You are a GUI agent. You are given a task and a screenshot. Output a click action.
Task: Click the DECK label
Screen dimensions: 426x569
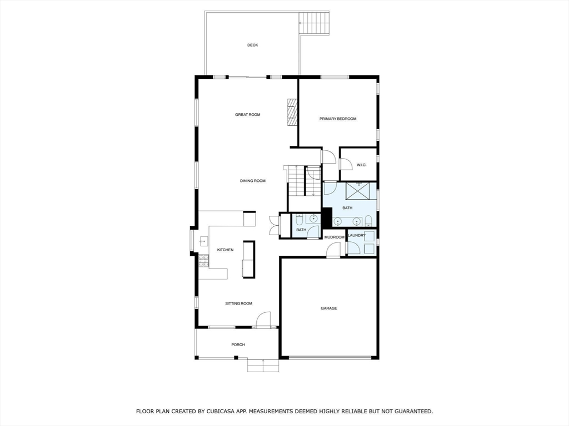click(x=253, y=45)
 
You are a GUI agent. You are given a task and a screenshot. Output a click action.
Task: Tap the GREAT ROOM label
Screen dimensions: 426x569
click(x=248, y=115)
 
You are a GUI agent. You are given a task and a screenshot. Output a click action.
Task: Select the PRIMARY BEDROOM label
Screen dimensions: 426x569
click(x=338, y=119)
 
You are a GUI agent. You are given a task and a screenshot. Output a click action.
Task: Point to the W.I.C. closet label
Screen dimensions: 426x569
click(x=361, y=165)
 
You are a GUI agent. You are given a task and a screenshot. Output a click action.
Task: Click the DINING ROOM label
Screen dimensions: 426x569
click(x=253, y=181)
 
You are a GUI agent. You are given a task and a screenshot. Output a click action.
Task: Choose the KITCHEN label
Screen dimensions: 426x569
click(x=225, y=250)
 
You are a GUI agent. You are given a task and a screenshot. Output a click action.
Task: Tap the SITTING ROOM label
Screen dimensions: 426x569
click(x=239, y=303)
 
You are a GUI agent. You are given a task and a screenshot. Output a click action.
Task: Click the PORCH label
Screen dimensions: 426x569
click(x=238, y=344)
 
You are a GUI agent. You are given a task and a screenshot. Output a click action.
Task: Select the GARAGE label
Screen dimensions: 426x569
click(x=329, y=308)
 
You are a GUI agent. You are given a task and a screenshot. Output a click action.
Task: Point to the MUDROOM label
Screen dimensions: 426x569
click(x=335, y=237)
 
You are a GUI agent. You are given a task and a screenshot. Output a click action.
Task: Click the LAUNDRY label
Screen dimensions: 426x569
click(x=357, y=235)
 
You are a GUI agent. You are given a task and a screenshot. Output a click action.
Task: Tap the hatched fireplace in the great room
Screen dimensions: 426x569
click(x=292, y=112)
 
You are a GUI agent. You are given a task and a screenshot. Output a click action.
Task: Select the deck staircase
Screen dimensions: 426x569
click(x=315, y=24)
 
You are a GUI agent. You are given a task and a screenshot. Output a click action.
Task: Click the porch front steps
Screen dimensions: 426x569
click(x=263, y=366)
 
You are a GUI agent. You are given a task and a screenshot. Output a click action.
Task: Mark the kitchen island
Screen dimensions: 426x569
click(x=248, y=260)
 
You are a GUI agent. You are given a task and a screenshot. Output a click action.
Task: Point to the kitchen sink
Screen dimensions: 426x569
click(x=203, y=242)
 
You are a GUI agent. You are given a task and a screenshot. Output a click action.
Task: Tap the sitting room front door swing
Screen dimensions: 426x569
click(x=263, y=319)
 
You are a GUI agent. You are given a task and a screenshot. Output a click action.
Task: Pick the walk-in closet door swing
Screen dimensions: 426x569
click(x=345, y=164)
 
